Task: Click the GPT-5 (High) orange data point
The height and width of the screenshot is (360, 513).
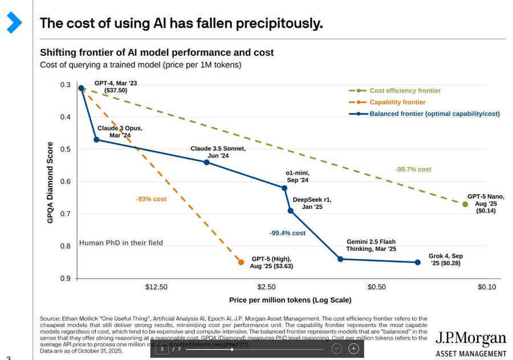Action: pyautogui.click(x=241, y=262)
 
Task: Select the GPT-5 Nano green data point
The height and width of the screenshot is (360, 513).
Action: pyautogui.click(x=465, y=204)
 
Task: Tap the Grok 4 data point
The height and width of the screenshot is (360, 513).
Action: pyautogui.click(x=418, y=262)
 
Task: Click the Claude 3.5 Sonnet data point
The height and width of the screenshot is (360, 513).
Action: pyautogui.click(x=206, y=162)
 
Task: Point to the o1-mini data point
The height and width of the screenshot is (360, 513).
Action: pyautogui.click(x=284, y=187)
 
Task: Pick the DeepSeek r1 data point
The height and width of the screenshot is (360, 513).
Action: pyautogui.click(x=290, y=211)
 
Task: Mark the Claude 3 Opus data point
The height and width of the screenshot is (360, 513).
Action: pyautogui.click(x=96, y=140)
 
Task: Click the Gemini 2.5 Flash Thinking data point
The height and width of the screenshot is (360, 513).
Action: pyautogui.click(x=340, y=259)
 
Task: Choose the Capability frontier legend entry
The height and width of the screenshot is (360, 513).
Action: pyautogui.click(x=397, y=103)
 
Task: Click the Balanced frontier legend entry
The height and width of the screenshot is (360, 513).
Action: pyautogui.click(x=434, y=114)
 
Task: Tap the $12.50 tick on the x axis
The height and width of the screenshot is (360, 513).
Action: pyautogui.click(x=156, y=287)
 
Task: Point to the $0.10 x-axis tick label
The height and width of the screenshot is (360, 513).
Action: pyautogui.click(x=487, y=287)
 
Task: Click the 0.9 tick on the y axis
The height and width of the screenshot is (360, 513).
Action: pyautogui.click(x=65, y=279)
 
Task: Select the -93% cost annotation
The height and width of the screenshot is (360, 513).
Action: pyautogui.click(x=151, y=199)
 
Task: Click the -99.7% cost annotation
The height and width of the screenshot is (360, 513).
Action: pyautogui.click(x=413, y=170)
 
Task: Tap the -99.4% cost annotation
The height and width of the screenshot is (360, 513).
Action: pyautogui.click(x=288, y=233)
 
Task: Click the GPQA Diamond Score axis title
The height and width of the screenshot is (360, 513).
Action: pyautogui.click(x=50, y=182)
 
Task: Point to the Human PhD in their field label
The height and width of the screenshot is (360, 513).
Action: pyautogui.click(x=121, y=243)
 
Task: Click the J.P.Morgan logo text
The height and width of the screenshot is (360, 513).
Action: pyautogui.click(x=470, y=339)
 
